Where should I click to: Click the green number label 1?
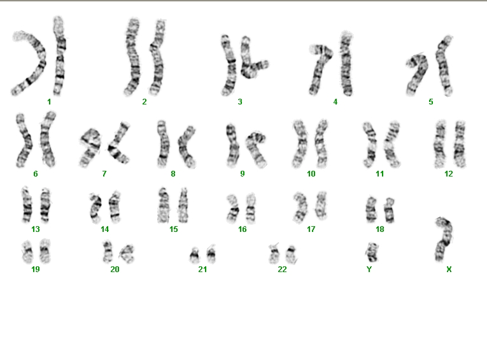pos(49,102)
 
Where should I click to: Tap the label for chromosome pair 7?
pos(104,174)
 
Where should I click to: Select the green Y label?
pos(369,270)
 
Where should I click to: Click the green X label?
pos(449,270)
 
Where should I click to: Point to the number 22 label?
pos(282,270)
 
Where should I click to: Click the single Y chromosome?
pos(372,252)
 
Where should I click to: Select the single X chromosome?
pos(444,240)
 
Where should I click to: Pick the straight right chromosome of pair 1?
pos(59,56)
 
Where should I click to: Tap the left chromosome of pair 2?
pos(132,57)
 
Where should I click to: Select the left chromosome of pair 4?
pos(320,70)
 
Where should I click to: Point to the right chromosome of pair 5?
pos(444,65)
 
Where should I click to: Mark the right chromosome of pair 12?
pos(460,145)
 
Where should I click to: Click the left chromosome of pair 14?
pos(95,208)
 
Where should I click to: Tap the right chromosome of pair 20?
pos(127,254)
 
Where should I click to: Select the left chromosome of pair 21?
pos(195,256)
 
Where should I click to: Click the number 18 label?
pos(380,229)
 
